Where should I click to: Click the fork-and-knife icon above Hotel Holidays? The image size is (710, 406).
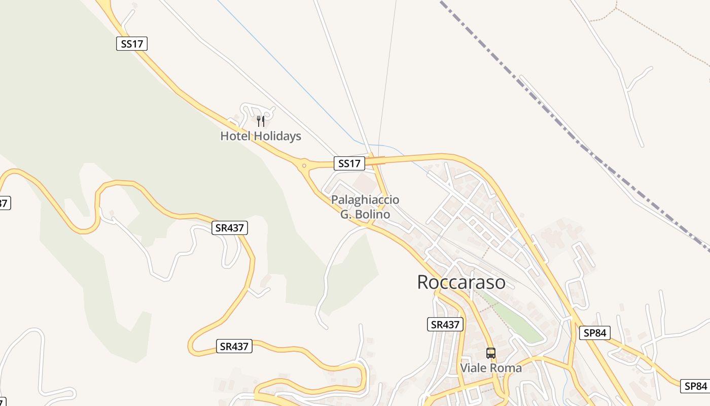261,121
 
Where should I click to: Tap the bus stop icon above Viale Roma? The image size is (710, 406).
490,353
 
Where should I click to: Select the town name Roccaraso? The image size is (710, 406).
461,282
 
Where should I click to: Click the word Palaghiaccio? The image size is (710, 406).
365,200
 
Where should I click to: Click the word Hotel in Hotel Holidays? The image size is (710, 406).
235,136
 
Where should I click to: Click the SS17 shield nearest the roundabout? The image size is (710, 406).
349,163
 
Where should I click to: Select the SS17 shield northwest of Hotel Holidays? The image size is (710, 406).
132,44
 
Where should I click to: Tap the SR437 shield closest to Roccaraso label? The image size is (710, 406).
445,324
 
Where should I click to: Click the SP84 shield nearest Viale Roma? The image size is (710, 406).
594,333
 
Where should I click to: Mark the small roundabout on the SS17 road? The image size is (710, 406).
304,164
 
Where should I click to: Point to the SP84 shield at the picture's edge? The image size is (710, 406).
694,386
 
